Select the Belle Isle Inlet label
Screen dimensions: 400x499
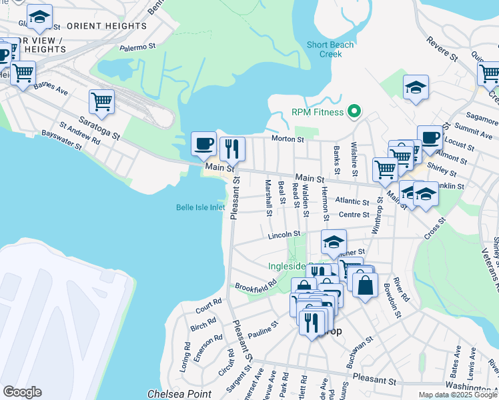pos(200,207)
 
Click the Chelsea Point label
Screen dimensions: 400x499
pos(179,394)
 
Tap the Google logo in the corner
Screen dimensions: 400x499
pos(22,392)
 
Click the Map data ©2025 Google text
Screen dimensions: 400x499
pos(458,395)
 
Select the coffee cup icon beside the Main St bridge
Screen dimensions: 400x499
pos(203,143)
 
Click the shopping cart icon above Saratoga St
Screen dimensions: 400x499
pos(101,101)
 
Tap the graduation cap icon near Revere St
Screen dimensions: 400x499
pos(416,87)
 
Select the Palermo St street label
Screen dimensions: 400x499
pos(137,47)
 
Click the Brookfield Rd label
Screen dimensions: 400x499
pos(256,287)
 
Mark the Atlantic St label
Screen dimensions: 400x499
pos(352,201)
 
